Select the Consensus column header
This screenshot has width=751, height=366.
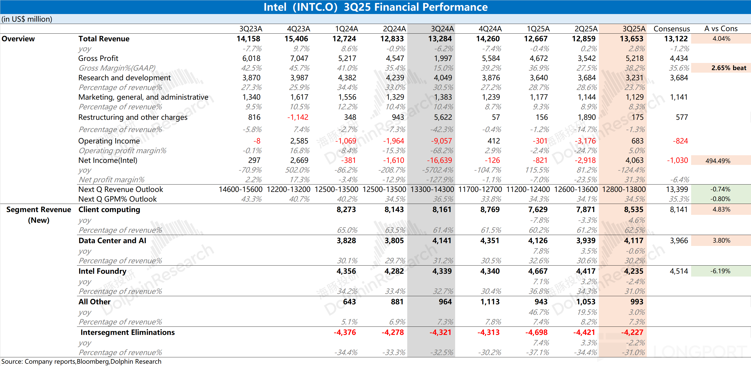coord(671,29)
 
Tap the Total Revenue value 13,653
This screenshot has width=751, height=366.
coord(632,39)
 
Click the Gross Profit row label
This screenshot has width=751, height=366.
coord(98,58)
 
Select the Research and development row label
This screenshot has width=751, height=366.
coord(124,78)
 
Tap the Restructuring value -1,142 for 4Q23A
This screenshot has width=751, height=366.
coord(297,117)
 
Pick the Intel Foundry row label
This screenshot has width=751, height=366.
coord(102,271)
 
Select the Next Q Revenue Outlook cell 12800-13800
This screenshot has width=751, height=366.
coord(624,190)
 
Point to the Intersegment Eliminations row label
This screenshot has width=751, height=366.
coord(127,332)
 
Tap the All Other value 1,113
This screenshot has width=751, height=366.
coord(490,302)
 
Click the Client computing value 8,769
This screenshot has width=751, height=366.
coord(490,210)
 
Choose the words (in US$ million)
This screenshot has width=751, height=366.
coord(27,19)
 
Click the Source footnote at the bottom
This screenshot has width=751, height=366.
coord(81,362)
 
